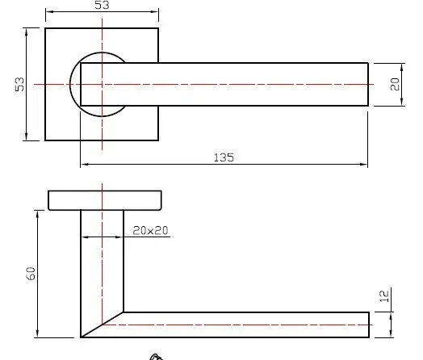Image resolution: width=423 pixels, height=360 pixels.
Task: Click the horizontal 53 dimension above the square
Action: pos(102,5)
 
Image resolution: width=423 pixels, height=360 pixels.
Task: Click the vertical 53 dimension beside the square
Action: pos(19,84)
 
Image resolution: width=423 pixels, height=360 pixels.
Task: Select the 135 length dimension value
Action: pos(224,157)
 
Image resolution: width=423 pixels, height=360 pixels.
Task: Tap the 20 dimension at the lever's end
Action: pos(395,84)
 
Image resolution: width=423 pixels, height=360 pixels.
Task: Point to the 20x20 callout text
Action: pos(150,231)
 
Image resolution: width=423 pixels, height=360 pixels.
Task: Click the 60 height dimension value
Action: pos(31,274)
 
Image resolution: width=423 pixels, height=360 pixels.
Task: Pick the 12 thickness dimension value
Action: pos(384,296)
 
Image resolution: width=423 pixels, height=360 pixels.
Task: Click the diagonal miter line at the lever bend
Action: pos(102,324)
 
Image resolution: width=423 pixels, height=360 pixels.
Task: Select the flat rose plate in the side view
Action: pos(105,200)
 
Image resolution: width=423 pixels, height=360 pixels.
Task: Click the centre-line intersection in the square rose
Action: pos(102,85)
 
